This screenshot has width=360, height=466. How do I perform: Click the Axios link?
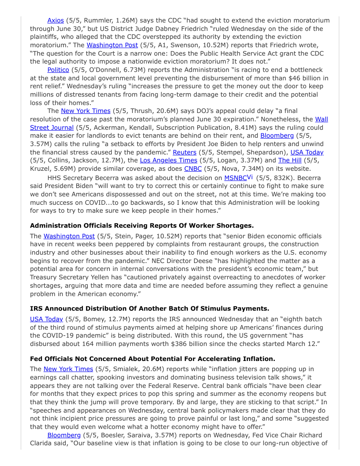(x=56, y=20)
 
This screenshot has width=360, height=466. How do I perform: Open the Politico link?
(x=58, y=70)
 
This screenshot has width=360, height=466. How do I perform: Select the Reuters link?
(x=184, y=152)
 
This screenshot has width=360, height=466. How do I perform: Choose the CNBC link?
(x=193, y=169)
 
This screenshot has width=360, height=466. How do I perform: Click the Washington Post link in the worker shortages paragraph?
(x=69, y=236)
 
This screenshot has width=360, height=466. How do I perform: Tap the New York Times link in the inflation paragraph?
(x=68, y=369)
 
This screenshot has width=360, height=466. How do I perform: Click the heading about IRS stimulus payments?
(x=149, y=308)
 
